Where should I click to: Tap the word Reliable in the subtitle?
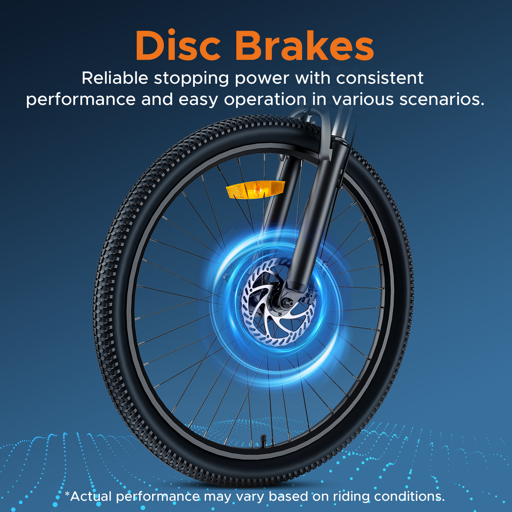(114, 78)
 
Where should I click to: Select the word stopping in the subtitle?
(191, 79)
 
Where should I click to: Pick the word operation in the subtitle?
(265, 100)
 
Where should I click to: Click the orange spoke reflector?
(255, 190)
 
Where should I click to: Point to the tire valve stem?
(263, 439)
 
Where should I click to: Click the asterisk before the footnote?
(67, 494)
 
